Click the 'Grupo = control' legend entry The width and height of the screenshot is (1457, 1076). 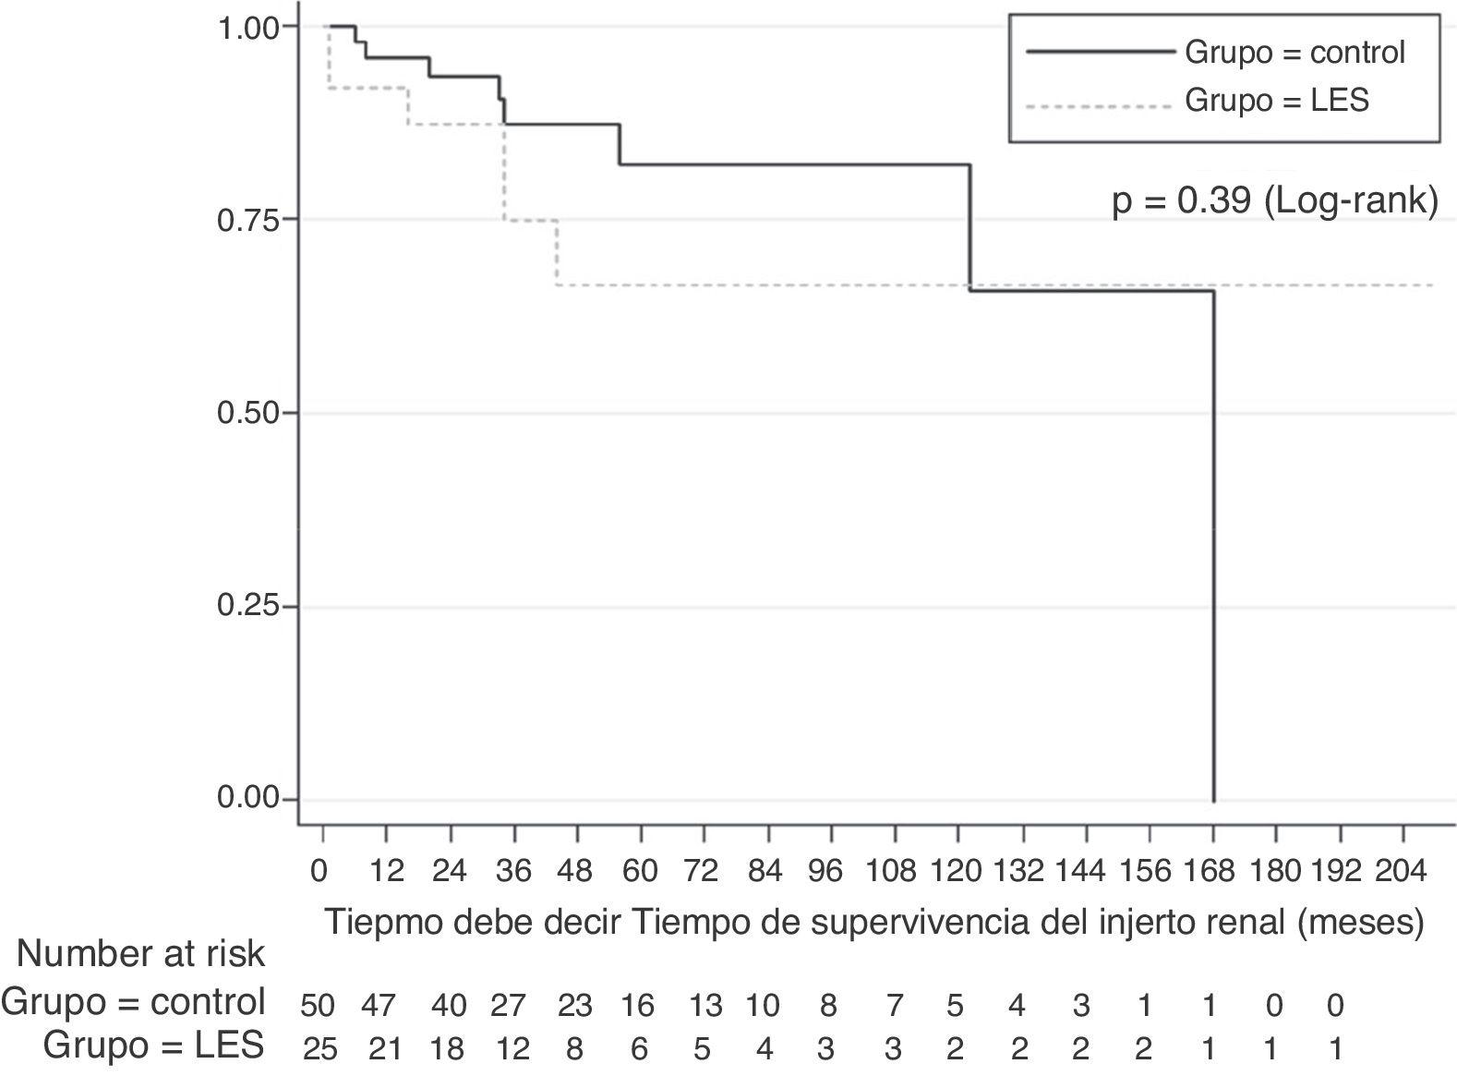[1294, 53]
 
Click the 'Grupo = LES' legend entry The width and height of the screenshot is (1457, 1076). [1276, 100]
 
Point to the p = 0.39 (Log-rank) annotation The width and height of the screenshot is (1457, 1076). [1274, 201]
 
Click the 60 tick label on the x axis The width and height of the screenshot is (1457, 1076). [640, 870]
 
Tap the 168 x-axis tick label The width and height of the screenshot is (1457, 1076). [1210, 870]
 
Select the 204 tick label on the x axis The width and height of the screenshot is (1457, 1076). [1402, 870]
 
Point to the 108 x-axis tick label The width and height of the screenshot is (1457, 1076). [892, 870]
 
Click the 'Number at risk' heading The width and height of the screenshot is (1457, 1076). [140, 954]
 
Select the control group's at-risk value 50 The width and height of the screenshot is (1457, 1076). [319, 1005]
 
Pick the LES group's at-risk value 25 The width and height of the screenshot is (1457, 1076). [319, 1049]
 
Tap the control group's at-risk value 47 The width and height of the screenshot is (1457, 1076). [378, 1005]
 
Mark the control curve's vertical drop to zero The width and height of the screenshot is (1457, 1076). [1212, 554]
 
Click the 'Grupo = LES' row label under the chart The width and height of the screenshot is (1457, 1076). [153, 1046]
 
